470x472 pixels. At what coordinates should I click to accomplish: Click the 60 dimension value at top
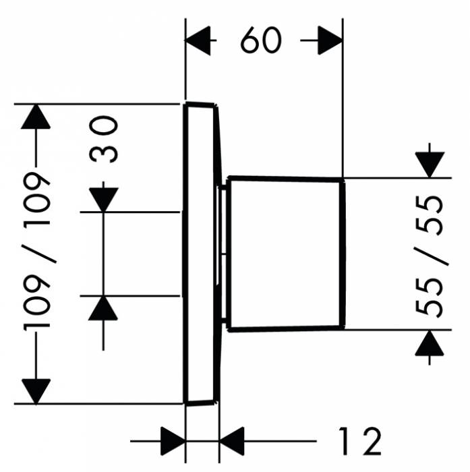point(260,41)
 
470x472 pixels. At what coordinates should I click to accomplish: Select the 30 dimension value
point(105,139)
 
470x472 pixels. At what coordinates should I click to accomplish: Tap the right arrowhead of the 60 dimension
point(330,41)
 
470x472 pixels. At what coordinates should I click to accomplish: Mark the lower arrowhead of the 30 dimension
point(103,308)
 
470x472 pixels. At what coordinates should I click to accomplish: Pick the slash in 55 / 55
point(430,256)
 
